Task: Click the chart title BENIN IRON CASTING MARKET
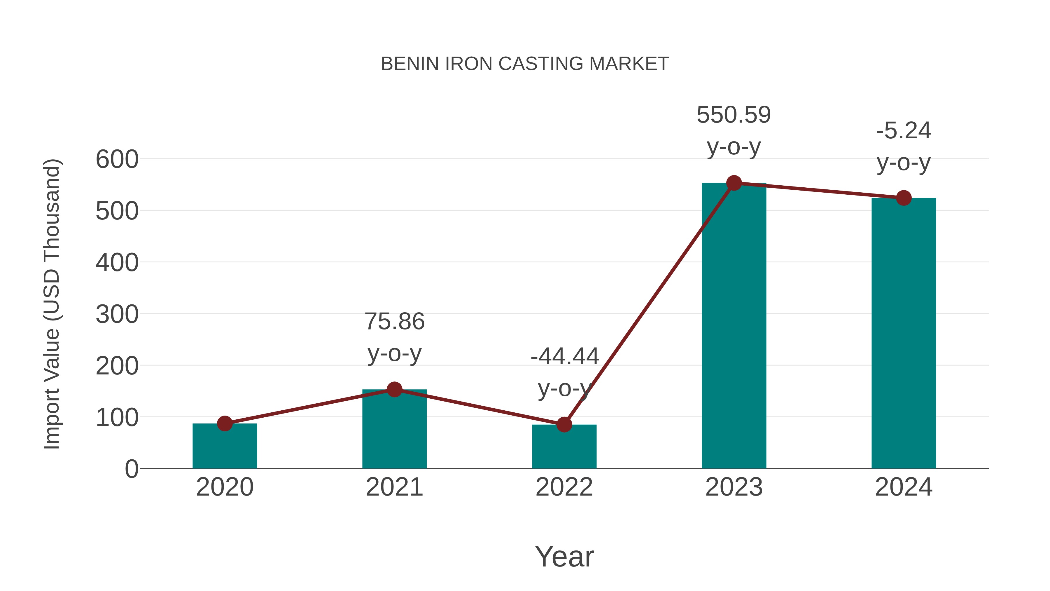(525, 64)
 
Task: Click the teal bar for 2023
(734, 326)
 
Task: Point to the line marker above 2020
(225, 423)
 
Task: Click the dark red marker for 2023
(734, 183)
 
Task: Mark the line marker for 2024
(903, 198)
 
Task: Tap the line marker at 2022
(564, 425)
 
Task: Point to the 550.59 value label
(734, 115)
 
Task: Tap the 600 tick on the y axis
(117, 159)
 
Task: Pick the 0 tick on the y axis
(131, 469)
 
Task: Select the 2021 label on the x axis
(394, 487)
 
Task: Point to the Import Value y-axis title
(52, 304)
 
